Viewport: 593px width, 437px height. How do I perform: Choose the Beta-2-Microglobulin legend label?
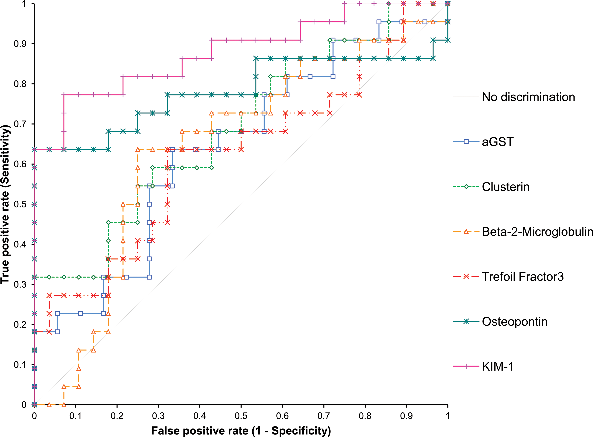pos(537,232)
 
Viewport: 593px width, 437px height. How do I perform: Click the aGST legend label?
pos(498,142)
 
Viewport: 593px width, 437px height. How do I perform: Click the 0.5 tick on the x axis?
pos(241,416)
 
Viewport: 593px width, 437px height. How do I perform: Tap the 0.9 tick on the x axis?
pos(406,416)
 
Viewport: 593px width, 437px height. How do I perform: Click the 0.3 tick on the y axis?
pos(20,284)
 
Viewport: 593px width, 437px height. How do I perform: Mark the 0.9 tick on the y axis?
pos(20,44)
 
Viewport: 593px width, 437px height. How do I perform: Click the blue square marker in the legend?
pos(466,142)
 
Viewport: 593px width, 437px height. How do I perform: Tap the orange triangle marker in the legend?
pos(466,232)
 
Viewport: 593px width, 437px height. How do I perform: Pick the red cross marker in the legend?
pos(466,277)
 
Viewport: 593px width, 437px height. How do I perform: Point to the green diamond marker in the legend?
pos(466,187)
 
